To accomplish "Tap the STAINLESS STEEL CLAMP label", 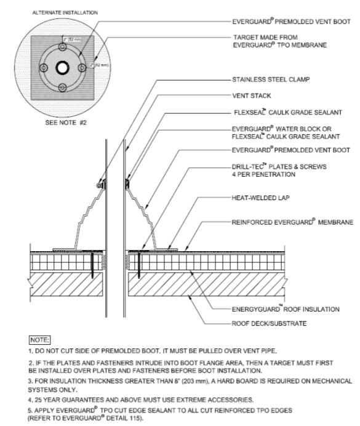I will pyautogui.click(x=265, y=79).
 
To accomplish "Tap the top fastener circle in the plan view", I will pyautogui.click(x=62, y=47).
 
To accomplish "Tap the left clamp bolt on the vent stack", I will pyautogui.click(x=100, y=184).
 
